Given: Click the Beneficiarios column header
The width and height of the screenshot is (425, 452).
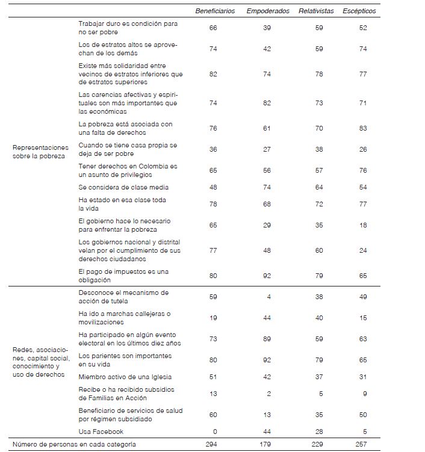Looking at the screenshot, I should coord(214,11).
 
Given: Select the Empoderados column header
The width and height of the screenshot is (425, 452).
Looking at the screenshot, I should coord(267,11).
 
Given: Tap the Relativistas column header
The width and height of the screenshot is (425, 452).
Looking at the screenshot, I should coord(316,11).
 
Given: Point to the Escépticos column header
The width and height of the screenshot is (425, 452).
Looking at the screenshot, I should coord(359,11).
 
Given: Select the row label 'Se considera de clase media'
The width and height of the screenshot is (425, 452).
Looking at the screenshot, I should coord(123,187).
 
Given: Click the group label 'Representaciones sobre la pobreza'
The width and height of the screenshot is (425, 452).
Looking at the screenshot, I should coord(40,151).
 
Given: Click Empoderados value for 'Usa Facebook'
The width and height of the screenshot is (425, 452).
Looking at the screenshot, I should coord(268,432).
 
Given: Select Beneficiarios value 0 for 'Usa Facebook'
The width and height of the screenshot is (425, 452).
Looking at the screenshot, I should coord(214,432).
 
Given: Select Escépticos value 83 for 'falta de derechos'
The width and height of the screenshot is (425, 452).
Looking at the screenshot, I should coord(362,128).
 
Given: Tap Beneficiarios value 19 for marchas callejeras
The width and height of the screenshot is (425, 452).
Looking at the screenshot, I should coord(214,318).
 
